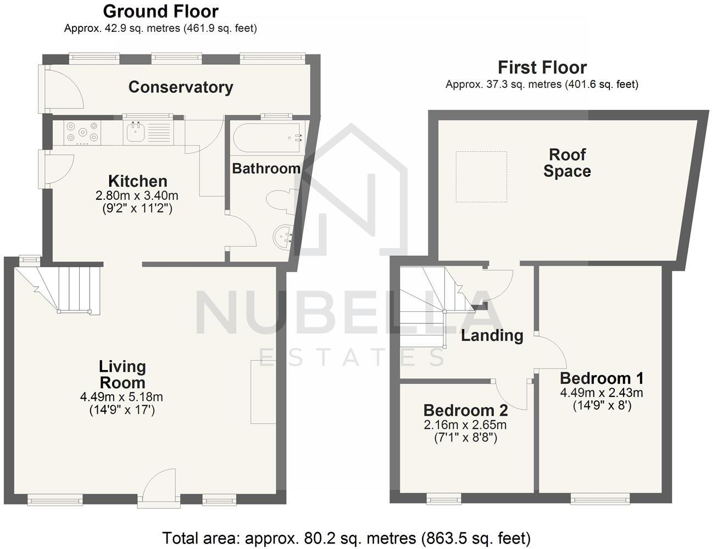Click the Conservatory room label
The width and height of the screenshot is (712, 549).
180,87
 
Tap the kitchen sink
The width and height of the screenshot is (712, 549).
135,132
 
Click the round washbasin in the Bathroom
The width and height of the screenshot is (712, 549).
283,237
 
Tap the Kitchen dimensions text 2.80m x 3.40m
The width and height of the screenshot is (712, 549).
137,195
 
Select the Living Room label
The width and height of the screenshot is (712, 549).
122,374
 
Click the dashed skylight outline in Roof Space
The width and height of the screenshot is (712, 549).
481,177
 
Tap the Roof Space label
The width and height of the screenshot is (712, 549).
567,163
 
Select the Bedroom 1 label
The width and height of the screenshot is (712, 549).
601,378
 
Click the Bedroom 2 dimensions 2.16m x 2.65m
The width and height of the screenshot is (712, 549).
465,425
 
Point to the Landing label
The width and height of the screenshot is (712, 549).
492,335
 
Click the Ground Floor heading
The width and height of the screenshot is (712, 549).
160,12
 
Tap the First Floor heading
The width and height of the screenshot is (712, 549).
542,68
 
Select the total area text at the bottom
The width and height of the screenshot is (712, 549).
346,537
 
